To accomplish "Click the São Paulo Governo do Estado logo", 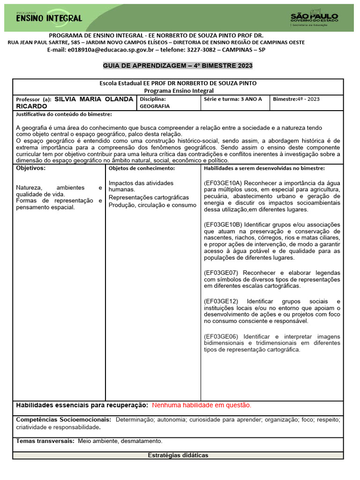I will (x=314, y=18).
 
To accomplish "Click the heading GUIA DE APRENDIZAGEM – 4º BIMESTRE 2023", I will (x=178, y=66).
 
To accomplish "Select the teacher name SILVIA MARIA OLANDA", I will (x=94, y=99).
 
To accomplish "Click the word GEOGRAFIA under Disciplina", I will (x=155, y=106).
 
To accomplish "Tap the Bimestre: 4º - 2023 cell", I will (x=296, y=99).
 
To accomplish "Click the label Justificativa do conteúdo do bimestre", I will (x=64, y=114).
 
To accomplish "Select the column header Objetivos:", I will (x=31, y=168).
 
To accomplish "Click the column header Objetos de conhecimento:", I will (x=142, y=168).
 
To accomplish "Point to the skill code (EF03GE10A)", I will (x=223, y=183).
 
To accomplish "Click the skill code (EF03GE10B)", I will (x=223, y=225).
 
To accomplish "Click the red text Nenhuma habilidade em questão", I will (x=202, y=405).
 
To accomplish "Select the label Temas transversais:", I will (x=45, y=441).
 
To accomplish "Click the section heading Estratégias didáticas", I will (x=178, y=455).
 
